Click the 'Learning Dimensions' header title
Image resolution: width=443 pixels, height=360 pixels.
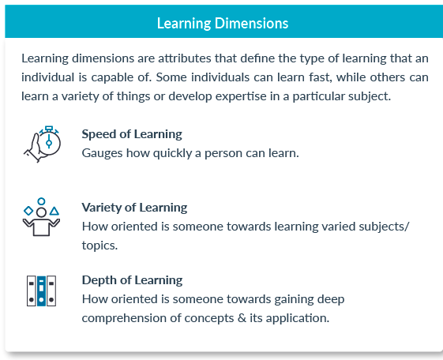click(222, 23)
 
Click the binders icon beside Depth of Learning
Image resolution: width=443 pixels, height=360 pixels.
click(41, 291)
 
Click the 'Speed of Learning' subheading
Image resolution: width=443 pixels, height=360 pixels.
click(132, 133)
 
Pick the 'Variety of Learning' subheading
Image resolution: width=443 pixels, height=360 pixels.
click(134, 208)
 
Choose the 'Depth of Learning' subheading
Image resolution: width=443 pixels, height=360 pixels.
click(132, 279)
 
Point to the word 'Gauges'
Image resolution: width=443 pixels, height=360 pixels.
click(103, 152)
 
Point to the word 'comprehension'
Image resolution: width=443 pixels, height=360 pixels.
click(123, 318)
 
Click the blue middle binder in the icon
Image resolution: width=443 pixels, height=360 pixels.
click(41, 291)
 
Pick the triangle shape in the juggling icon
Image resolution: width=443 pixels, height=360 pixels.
click(54, 211)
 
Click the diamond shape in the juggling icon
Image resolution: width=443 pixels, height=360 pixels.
click(28, 211)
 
